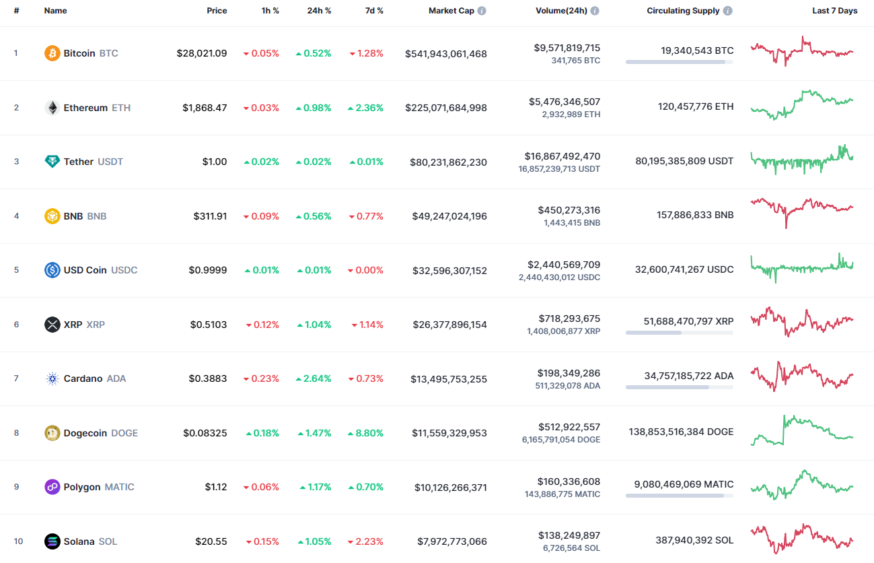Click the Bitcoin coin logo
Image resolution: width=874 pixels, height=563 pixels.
[52, 53]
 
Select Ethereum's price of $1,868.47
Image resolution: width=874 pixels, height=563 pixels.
[205, 108]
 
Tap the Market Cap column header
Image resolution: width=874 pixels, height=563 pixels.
[451, 11]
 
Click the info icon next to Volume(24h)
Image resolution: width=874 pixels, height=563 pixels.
[595, 11]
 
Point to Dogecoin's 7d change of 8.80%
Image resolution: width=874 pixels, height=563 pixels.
[366, 433]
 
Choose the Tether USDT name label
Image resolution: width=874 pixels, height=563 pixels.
[93, 162]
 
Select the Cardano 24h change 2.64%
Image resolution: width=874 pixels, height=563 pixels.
[314, 378]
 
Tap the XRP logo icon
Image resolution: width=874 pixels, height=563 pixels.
[52, 325]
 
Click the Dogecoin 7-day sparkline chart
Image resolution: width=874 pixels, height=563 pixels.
[801, 431]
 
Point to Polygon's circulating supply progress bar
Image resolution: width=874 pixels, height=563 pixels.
[679, 496]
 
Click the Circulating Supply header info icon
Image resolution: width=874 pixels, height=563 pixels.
[728, 11]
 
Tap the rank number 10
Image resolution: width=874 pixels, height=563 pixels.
[18, 541]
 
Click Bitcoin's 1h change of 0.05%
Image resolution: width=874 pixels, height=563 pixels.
[261, 53]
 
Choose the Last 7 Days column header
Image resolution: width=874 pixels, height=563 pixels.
[834, 11]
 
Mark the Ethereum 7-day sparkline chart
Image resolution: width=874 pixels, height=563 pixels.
[801, 105]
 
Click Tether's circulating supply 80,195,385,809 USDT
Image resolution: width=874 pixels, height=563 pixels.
[684, 161]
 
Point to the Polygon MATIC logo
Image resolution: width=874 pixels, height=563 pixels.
[52, 487]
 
